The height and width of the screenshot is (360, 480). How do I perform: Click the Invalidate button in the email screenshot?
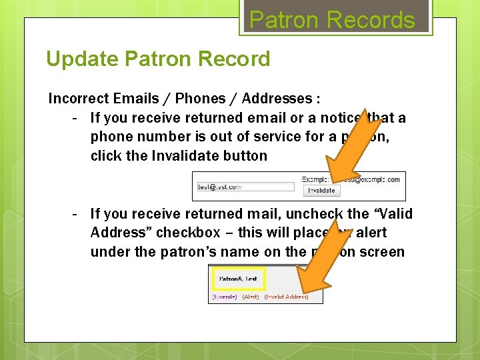[321, 191]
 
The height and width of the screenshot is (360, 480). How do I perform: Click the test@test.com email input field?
[245, 187]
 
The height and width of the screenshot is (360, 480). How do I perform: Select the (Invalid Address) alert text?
[287, 297]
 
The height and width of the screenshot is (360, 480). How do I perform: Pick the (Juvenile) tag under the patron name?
[224, 297]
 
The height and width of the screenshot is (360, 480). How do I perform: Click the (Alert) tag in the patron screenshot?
[251, 297]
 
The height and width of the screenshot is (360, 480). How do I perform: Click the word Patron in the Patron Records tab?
[282, 20]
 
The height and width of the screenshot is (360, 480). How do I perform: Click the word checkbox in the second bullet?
[189, 233]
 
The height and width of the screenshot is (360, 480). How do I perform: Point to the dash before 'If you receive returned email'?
[76, 118]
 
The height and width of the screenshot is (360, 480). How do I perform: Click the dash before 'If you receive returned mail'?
[76, 214]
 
